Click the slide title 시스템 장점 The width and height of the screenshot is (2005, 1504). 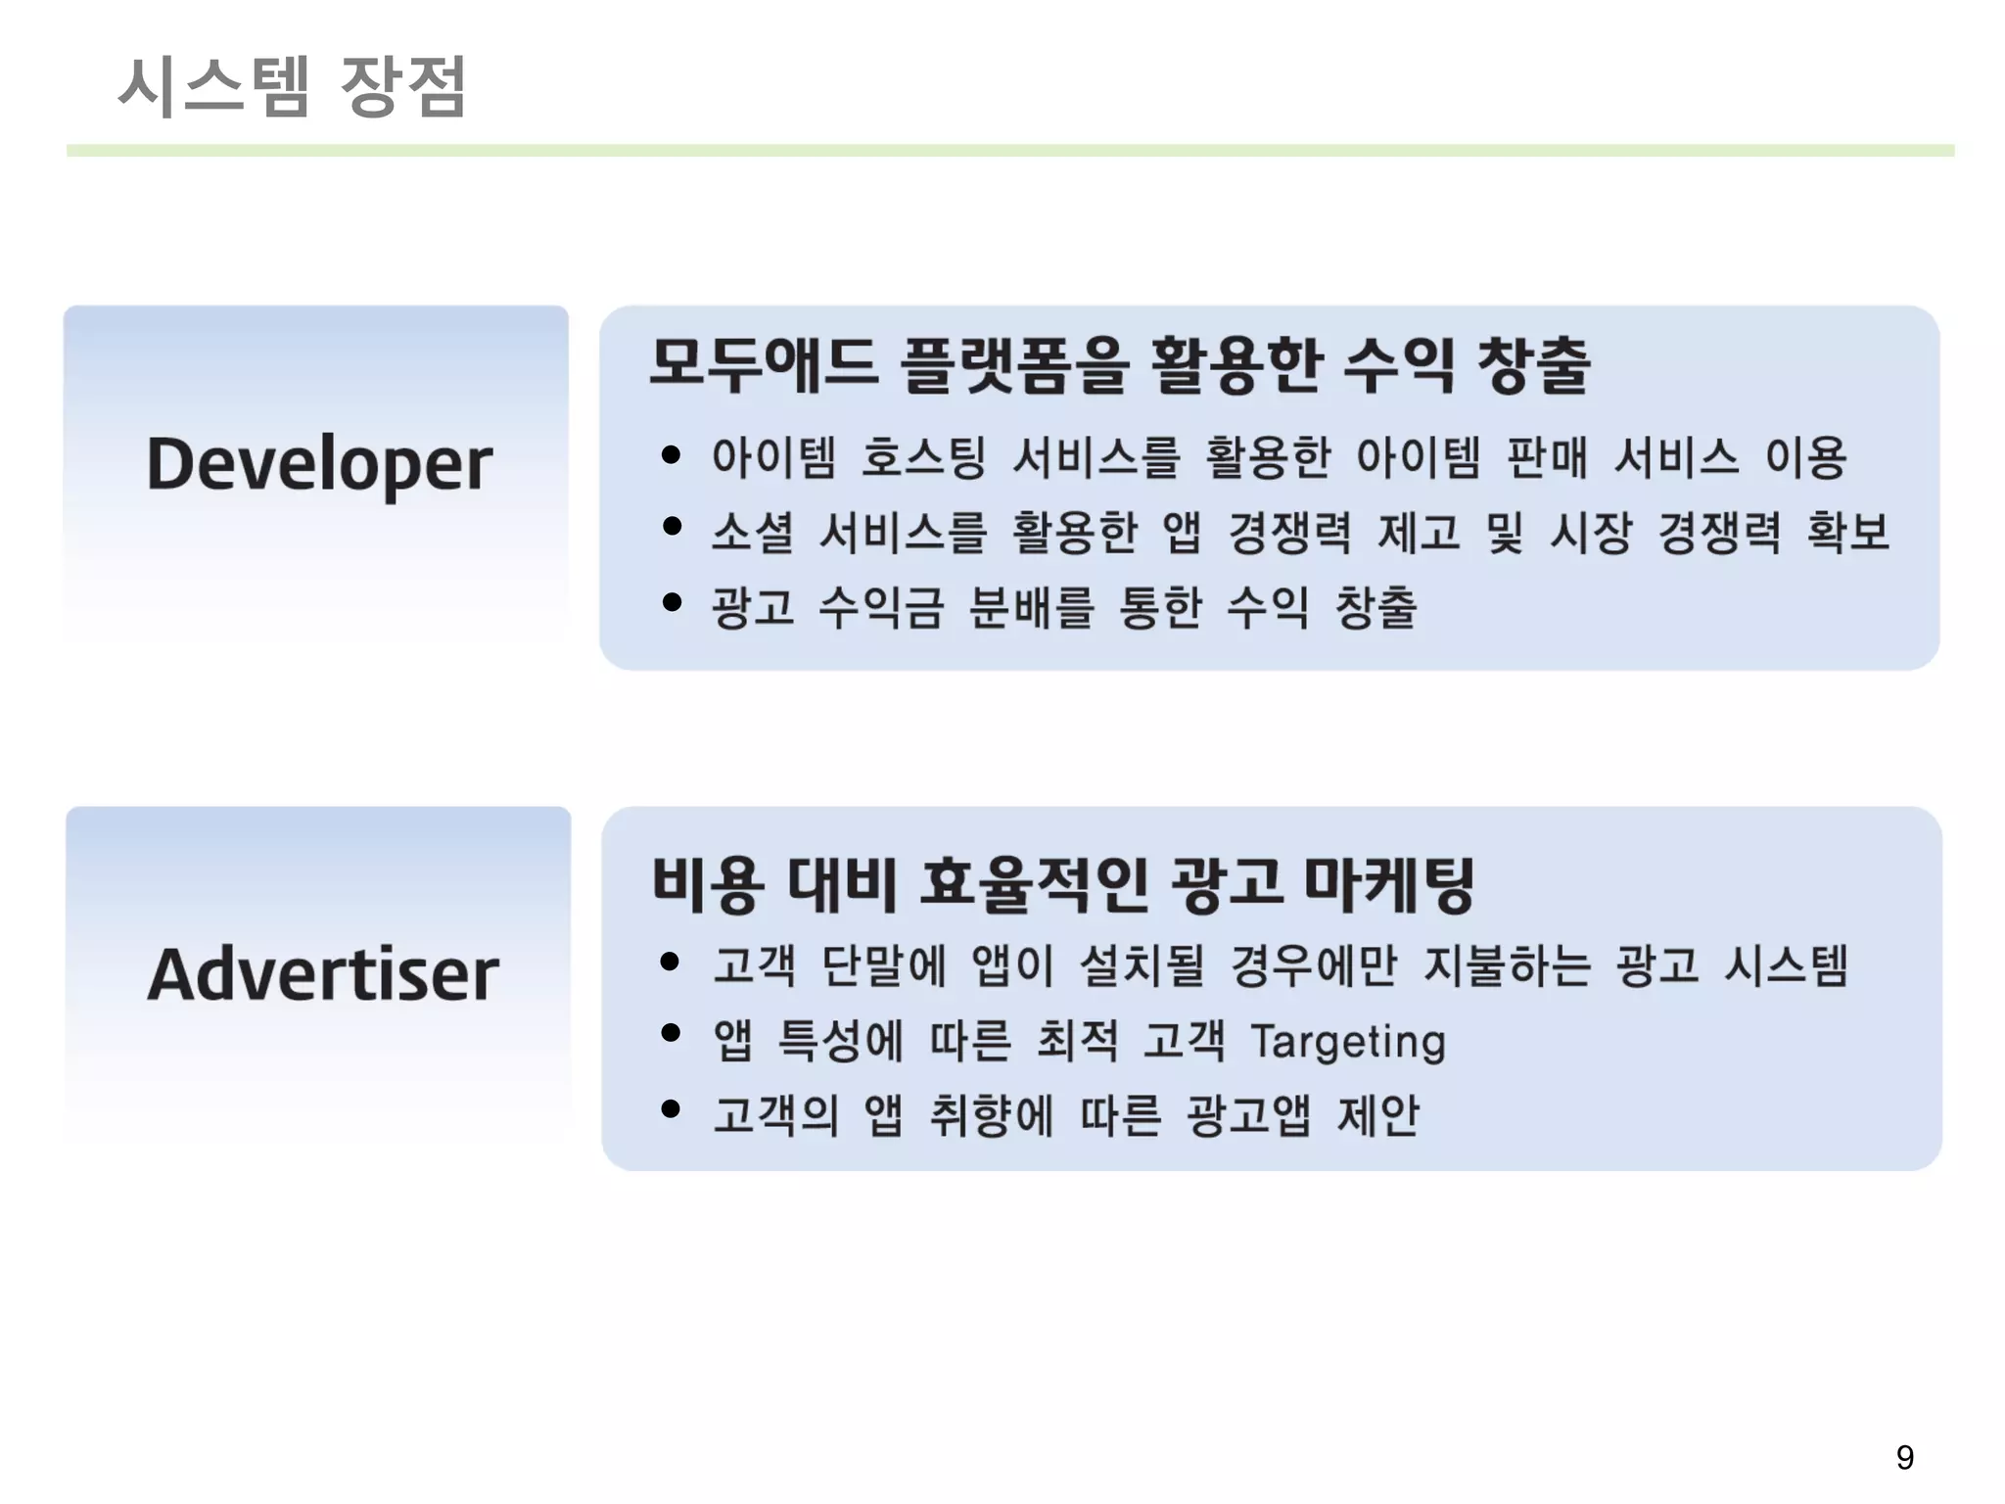click(x=292, y=86)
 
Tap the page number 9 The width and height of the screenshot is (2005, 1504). click(x=1904, y=1457)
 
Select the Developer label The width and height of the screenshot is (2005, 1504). click(x=319, y=463)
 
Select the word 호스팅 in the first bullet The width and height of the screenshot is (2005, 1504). click(x=923, y=457)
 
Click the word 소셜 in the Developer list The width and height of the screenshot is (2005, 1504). click(x=752, y=533)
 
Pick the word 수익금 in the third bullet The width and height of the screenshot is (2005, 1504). click(x=881, y=607)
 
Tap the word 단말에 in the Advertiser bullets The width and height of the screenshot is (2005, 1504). click(x=884, y=965)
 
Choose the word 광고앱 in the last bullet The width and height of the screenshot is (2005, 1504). click(x=1248, y=1115)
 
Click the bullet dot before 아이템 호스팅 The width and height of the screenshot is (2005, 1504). click(x=671, y=454)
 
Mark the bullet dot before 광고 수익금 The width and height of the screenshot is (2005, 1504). click(x=671, y=602)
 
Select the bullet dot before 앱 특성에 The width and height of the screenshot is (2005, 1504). click(x=671, y=1033)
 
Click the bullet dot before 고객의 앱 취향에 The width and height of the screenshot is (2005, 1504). click(x=671, y=1108)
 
